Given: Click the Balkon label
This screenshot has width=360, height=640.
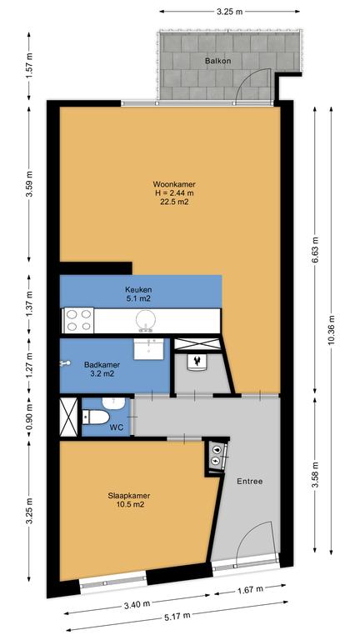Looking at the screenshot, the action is (218, 61).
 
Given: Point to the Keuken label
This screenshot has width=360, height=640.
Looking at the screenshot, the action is (138, 290).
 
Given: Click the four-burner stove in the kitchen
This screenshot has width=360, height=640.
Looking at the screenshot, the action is (78, 320).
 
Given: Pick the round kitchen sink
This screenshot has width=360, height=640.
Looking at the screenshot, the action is (145, 320).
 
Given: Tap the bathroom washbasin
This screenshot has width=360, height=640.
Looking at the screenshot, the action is (148, 349).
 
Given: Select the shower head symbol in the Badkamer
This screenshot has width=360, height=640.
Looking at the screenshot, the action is (65, 362).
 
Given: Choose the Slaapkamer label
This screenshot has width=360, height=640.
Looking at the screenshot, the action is (129, 496).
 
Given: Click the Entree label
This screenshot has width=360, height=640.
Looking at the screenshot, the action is (249, 481).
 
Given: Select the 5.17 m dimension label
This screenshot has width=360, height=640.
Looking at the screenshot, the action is (177, 617).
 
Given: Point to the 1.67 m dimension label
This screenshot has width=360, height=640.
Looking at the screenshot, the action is (250, 590).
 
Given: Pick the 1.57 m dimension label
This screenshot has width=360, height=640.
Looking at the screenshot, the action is (28, 65).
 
